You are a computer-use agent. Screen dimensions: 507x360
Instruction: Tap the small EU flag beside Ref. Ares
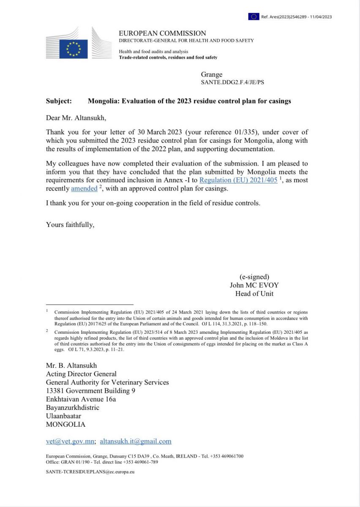tap(254, 16)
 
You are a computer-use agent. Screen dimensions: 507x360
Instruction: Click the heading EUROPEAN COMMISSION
tap(162, 33)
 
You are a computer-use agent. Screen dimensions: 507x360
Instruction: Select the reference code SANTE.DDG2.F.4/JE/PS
tap(232, 82)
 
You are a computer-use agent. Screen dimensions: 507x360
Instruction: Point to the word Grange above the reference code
tap(212, 75)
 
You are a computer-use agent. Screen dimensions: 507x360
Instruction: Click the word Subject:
tap(59, 101)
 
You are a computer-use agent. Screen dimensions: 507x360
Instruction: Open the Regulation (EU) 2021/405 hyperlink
tap(238, 180)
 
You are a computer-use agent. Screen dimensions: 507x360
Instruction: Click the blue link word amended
tap(84, 188)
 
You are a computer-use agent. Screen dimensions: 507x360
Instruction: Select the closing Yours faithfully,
tap(70, 225)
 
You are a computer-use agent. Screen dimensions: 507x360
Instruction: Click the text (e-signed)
tap(254, 277)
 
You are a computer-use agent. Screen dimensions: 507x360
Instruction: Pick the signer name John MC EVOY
tap(254, 285)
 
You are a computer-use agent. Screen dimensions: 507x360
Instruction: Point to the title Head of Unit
tap(254, 294)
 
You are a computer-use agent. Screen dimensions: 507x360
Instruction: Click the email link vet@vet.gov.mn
tap(70, 442)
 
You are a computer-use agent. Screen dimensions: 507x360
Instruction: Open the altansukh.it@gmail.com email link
tap(136, 442)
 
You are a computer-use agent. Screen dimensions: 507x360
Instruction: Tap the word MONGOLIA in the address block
tap(65, 424)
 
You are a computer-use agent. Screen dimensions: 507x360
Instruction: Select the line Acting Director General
tap(81, 374)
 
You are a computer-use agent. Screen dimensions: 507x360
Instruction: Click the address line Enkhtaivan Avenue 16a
tap(81, 399)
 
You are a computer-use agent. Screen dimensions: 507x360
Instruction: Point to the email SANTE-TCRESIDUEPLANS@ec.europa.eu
tap(90, 471)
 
